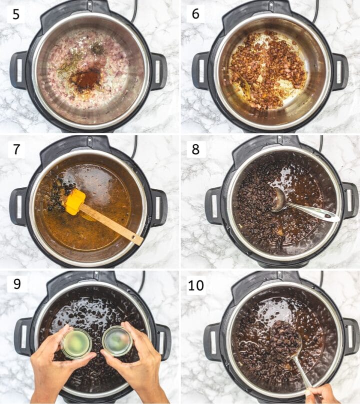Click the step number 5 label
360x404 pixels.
16,14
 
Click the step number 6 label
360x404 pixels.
195,14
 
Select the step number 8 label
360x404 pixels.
195,149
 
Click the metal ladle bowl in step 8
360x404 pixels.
278,200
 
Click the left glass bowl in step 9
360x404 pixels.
76,344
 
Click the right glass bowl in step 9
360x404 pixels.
117,341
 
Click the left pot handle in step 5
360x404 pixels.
18,70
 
